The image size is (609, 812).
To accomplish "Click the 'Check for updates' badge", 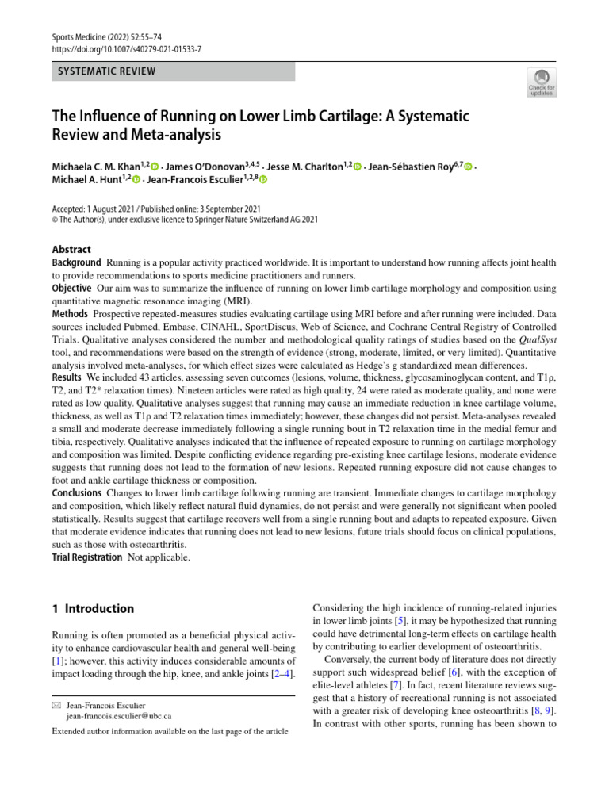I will (x=541, y=81).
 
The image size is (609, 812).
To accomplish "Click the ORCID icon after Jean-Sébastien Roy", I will (x=469, y=167).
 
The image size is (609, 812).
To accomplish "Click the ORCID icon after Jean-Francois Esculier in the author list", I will (x=263, y=181).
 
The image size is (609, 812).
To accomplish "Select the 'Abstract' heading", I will (x=71, y=249).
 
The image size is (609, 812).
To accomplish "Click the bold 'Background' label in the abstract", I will (x=76, y=262).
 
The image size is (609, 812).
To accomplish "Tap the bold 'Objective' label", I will (x=72, y=288).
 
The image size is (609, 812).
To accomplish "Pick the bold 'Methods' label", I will (x=70, y=314).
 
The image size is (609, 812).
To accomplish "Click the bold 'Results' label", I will (x=67, y=377).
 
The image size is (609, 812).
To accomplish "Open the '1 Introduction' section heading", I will (x=93, y=609).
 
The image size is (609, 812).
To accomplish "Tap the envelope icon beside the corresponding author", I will (x=56, y=705).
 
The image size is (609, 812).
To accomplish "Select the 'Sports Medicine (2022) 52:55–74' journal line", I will (x=107, y=36).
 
